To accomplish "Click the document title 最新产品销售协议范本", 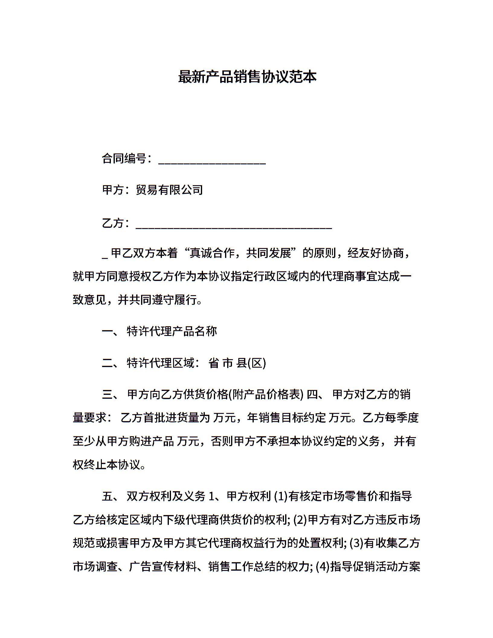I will click(x=247, y=77).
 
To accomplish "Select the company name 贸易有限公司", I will click(x=169, y=190).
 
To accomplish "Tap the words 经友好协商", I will click(x=375, y=253).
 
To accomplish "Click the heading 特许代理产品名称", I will click(x=172, y=331).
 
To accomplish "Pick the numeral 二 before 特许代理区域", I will click(x=107, y=363).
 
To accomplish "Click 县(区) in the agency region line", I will click(x=251, y=363).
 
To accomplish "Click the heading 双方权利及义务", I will click(x=166, y=496).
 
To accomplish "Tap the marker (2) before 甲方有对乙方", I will click(x=300, y=520).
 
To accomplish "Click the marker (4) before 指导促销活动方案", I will click(x=323, y=567).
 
